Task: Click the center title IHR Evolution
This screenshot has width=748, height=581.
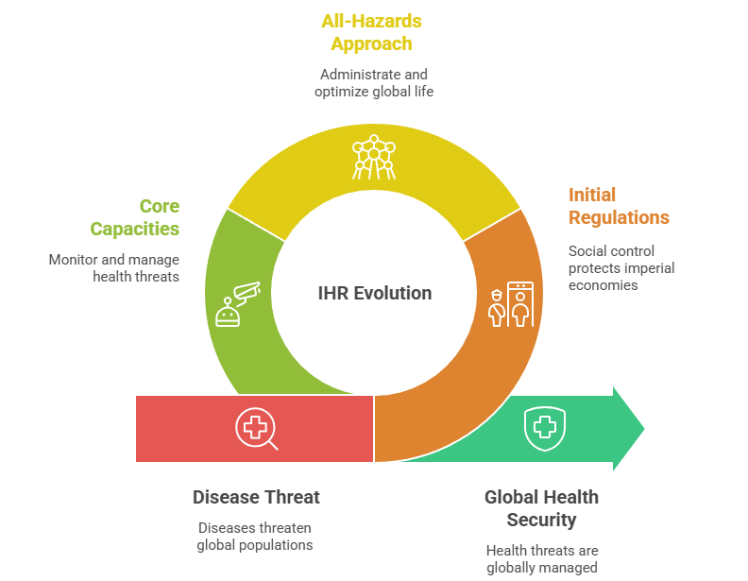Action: click(x=374, y=293)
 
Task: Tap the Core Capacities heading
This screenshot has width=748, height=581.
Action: click(x=135, y=217)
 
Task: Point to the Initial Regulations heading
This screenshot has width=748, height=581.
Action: click(x=619, y=206)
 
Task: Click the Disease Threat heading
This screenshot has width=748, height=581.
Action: click(x=256, y=497)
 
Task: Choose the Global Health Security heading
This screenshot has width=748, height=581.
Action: click(x=541, y=508)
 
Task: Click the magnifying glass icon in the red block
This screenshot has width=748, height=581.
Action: click(x=256, y=429)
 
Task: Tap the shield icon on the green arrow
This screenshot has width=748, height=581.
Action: click(x=543, y=428)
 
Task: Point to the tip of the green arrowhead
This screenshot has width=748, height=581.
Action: click(x=643, y=429)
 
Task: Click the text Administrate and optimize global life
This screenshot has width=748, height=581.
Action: click(x=375, y=82)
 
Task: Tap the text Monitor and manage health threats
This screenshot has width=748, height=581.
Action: click(x=114, y=267)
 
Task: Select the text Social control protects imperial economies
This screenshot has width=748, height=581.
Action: click(x=620, y=267)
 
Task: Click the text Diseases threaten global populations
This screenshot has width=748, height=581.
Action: click(x=255, y=536)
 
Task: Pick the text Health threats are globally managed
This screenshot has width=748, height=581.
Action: click(x=541, y=558)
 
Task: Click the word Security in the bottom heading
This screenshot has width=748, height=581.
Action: click(x=541, y=520)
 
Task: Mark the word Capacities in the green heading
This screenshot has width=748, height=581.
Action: click(x=135, y=229)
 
